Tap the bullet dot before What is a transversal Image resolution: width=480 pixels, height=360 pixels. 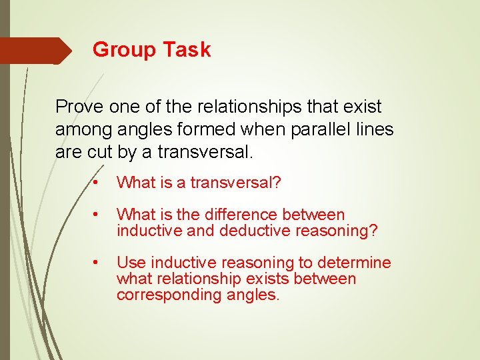point(97,183)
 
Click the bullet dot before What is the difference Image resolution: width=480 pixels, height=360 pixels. point(97,215)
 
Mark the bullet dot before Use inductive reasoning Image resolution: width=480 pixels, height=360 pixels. point(97,263)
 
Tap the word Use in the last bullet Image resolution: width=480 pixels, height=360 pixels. point(129,263)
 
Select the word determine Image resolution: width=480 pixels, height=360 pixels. point(357,263)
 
